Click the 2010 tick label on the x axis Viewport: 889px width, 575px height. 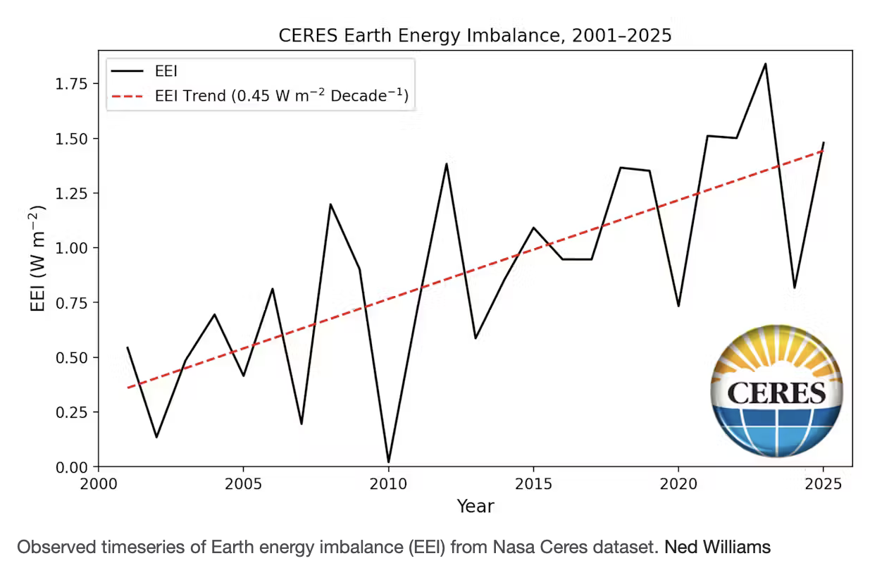388,485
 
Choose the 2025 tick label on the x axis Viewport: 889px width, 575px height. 823,485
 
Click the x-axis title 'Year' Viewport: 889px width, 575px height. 475,506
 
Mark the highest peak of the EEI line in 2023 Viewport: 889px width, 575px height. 765,63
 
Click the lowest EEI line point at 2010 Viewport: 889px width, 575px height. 388,462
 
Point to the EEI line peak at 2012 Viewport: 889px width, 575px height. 447,163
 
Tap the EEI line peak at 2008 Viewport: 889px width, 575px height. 330,204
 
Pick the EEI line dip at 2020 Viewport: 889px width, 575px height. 678,306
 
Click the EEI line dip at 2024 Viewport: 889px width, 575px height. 794,287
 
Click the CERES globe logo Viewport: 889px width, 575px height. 776,392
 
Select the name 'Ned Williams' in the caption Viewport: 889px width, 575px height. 717,547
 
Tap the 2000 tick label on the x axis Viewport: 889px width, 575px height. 99,485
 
